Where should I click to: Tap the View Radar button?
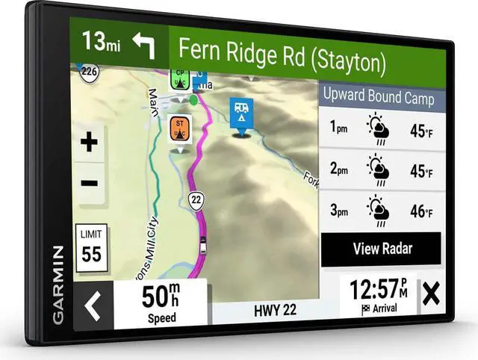381,249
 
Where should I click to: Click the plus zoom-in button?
90,143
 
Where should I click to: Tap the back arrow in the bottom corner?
92,305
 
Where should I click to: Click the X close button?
430,294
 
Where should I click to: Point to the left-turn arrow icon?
143,46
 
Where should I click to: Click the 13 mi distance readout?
102,43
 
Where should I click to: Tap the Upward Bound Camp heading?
377,96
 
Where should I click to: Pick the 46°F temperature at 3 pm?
420,211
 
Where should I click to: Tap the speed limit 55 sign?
91,246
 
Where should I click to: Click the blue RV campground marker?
241,114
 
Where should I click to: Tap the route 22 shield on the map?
196,199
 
